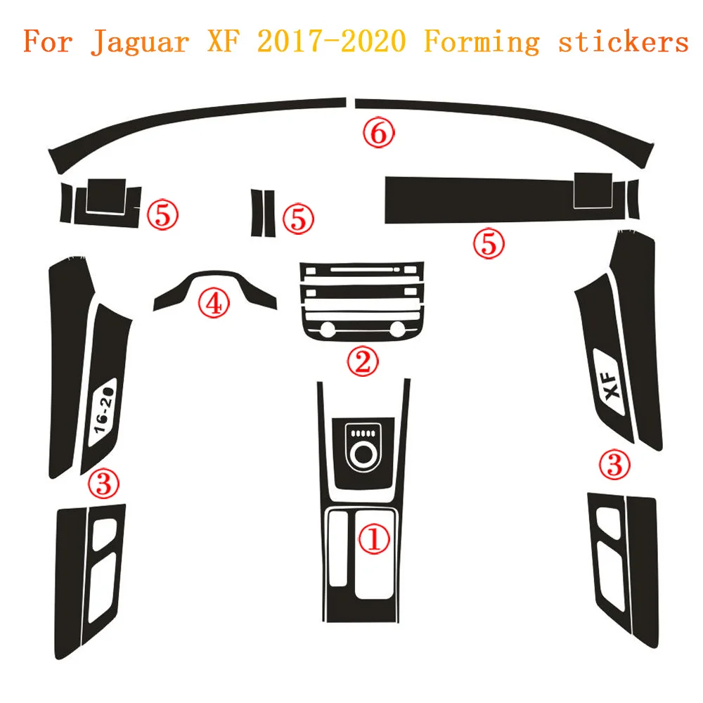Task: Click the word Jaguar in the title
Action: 139,41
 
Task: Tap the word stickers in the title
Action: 623,41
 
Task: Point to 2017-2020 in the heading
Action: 332,41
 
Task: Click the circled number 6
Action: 378,133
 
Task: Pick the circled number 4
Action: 214,303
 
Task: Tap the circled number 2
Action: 363,361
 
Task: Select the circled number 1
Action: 374,539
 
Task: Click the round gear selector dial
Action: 363,454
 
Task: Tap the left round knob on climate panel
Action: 328,330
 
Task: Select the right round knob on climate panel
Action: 397,330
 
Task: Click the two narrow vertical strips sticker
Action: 263,213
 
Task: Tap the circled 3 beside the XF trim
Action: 614,465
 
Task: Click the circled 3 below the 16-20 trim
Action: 103,484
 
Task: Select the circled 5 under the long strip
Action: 489,244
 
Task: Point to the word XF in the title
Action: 223,41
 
